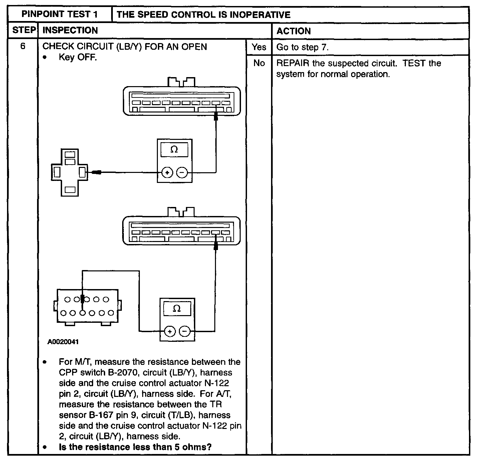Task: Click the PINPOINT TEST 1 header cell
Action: tap(60, 14)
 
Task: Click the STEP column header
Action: tap(24, 30)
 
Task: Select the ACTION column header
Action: tap(294, 31)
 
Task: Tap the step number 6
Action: tap(23, 46)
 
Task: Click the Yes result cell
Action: tap(259, 47)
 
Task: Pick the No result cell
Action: tap(259, 63)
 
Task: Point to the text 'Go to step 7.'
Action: tap(302, 47)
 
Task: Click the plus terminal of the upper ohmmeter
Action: tap(167, 173)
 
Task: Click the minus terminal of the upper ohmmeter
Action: tap(182, 173)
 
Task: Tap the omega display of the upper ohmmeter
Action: tap(174, 150)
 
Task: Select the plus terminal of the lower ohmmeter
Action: tap(170, 331)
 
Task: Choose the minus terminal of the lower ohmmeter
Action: tap(185, 331)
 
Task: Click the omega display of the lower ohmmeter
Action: tap(177, 309)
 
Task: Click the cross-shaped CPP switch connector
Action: tap(69, 173)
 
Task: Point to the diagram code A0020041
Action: tap(63, 342)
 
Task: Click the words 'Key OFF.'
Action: tap(78, 57)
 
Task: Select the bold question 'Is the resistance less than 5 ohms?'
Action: tap(135, 447)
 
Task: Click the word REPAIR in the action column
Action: tap(293, 63)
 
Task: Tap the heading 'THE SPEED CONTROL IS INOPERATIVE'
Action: tap(203, 15)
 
